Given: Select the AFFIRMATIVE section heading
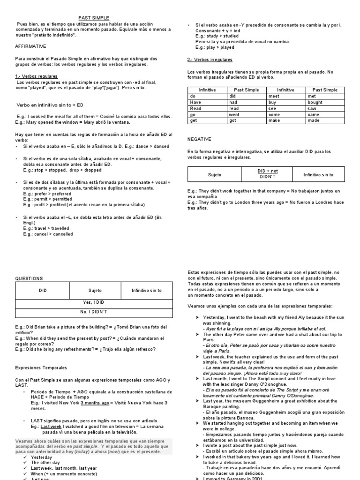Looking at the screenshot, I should click(31, 47).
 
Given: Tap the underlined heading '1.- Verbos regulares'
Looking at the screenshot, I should click(37, 76).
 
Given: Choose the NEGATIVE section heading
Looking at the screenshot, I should click(199, 139).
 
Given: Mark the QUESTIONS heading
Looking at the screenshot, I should click(29, 278).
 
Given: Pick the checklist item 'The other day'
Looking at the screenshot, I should click(46, 463).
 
